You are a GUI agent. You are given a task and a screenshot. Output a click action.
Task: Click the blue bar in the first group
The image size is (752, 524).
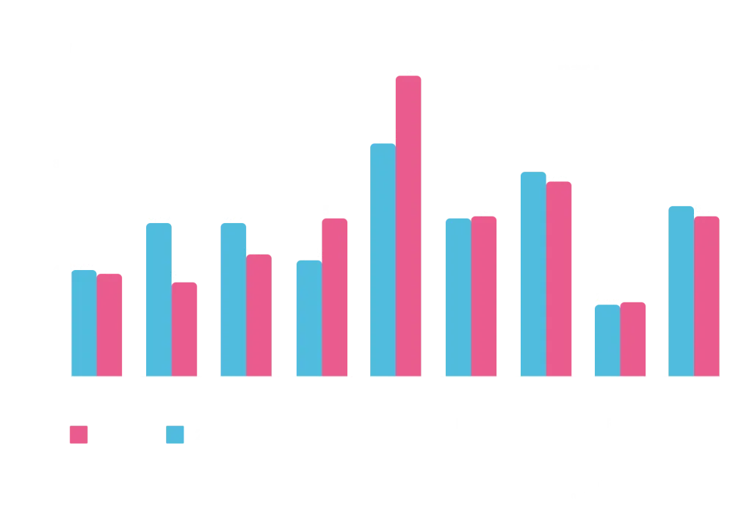point(84,322)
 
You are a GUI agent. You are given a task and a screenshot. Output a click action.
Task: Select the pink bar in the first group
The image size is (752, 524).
point(109,324)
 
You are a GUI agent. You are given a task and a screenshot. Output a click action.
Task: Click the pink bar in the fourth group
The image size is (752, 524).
point(336,296)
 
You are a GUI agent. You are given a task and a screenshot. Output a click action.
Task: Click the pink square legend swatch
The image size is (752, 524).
point(77,434)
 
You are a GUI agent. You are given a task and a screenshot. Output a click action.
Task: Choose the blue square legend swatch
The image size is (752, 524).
point(176,434)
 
